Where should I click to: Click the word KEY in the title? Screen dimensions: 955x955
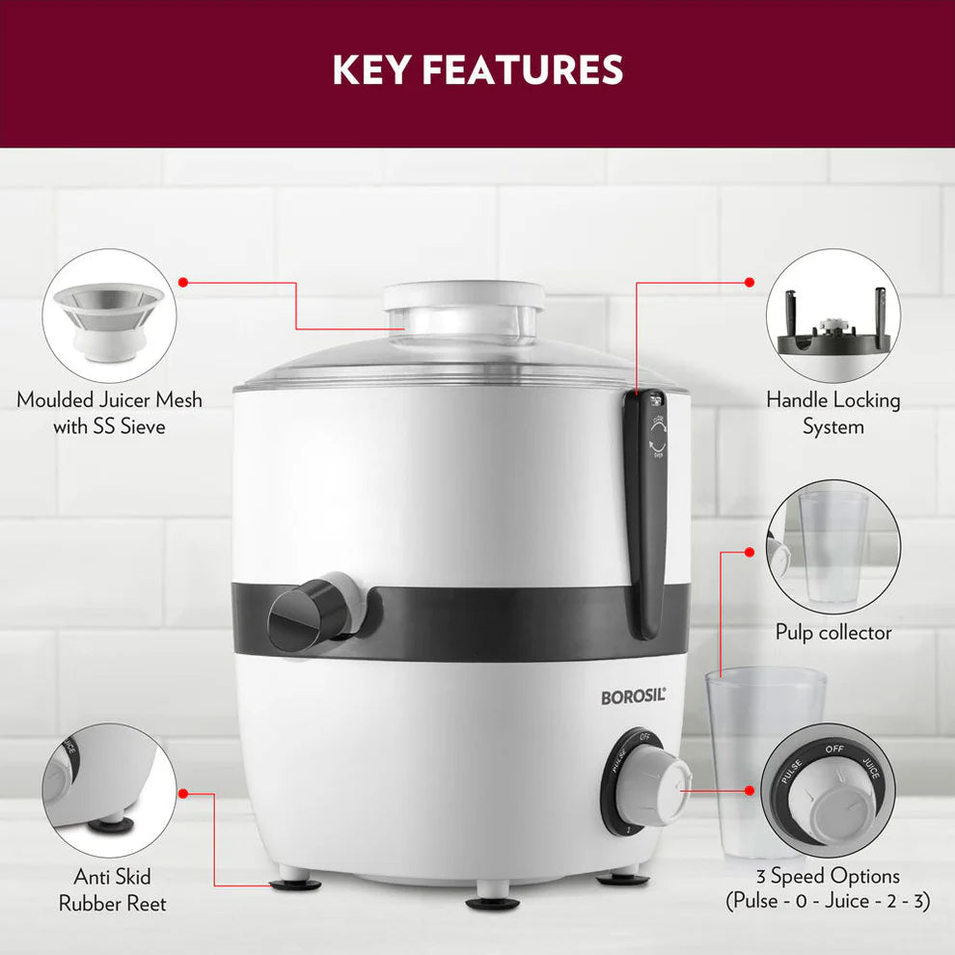click(x=370, y=69)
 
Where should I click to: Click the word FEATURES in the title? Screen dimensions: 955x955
click(x=523, y=69)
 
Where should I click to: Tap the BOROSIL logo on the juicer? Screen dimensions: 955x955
click(x=634, y=696)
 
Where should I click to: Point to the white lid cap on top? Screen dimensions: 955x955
click(x=463, y=295)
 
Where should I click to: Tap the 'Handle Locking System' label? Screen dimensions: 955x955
click(x=833, y=413)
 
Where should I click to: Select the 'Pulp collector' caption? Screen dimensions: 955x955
click(x=833, y=633)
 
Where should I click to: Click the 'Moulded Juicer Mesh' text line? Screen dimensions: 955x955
click(x=110, y=400)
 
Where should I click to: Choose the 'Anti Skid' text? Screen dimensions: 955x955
click(x=112, y=877)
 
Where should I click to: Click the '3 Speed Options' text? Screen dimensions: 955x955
click(x=828, y=876)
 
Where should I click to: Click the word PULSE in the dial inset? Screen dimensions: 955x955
click(x=791, y=772)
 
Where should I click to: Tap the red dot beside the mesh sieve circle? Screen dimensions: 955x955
click(x=182, y=282)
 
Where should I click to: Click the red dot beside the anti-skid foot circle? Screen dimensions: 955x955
click(x=182, y=794)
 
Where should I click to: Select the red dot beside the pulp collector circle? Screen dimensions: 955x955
click(x=750, y=552)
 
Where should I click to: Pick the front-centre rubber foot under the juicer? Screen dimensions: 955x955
click(x=493, y=903)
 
